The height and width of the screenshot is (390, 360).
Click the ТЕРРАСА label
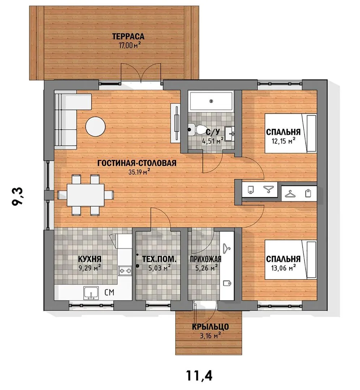click(x=128, y=36)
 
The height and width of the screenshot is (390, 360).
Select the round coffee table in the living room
click(x=95, y=127)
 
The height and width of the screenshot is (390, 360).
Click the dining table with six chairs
click(x=85, y=195)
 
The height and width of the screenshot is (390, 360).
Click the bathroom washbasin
click(x=229, y=134)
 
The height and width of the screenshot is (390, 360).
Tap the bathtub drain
click(x=211, y=101)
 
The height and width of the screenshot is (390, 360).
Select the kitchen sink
click(x=91, y=293)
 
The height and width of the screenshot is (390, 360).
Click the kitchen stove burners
click(x=125, y=271)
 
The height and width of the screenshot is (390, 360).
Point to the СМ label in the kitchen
click(x=109, y=292)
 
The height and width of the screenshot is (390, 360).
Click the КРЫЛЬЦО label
click(x=210, y=326)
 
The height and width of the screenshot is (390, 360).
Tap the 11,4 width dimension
click(x=199, y=375)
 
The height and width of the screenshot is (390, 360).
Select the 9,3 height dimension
click(x=18, y=196)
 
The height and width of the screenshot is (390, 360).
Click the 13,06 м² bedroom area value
click(x=283, y=268)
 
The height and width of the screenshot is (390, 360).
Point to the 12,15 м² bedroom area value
click(x=283, y=141)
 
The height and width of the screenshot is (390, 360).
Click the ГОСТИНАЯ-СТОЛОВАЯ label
click(x=137, y=163)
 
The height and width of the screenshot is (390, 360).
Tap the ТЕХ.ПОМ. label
click(x=159, y=259)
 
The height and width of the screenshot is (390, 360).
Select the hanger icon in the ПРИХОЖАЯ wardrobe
click(x=227, y=248)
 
